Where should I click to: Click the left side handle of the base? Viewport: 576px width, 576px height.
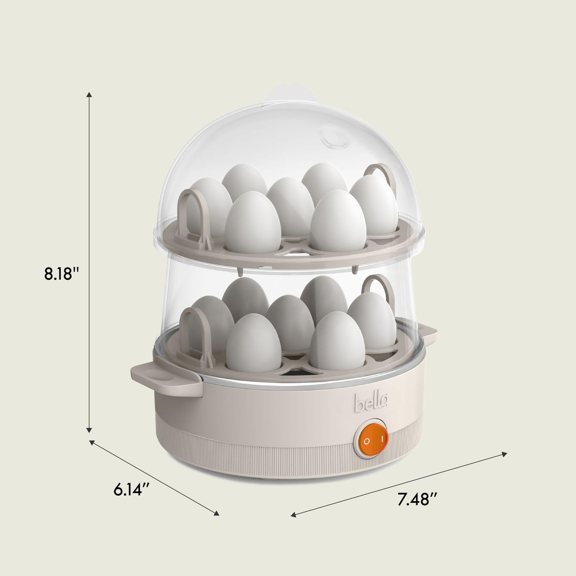165,378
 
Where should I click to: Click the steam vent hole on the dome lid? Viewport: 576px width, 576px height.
334,138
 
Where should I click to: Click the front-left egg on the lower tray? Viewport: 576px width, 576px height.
254,343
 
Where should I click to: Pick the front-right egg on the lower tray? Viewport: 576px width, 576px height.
338,340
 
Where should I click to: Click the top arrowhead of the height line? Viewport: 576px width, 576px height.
89,95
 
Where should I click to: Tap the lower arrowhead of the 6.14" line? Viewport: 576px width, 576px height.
216,513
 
